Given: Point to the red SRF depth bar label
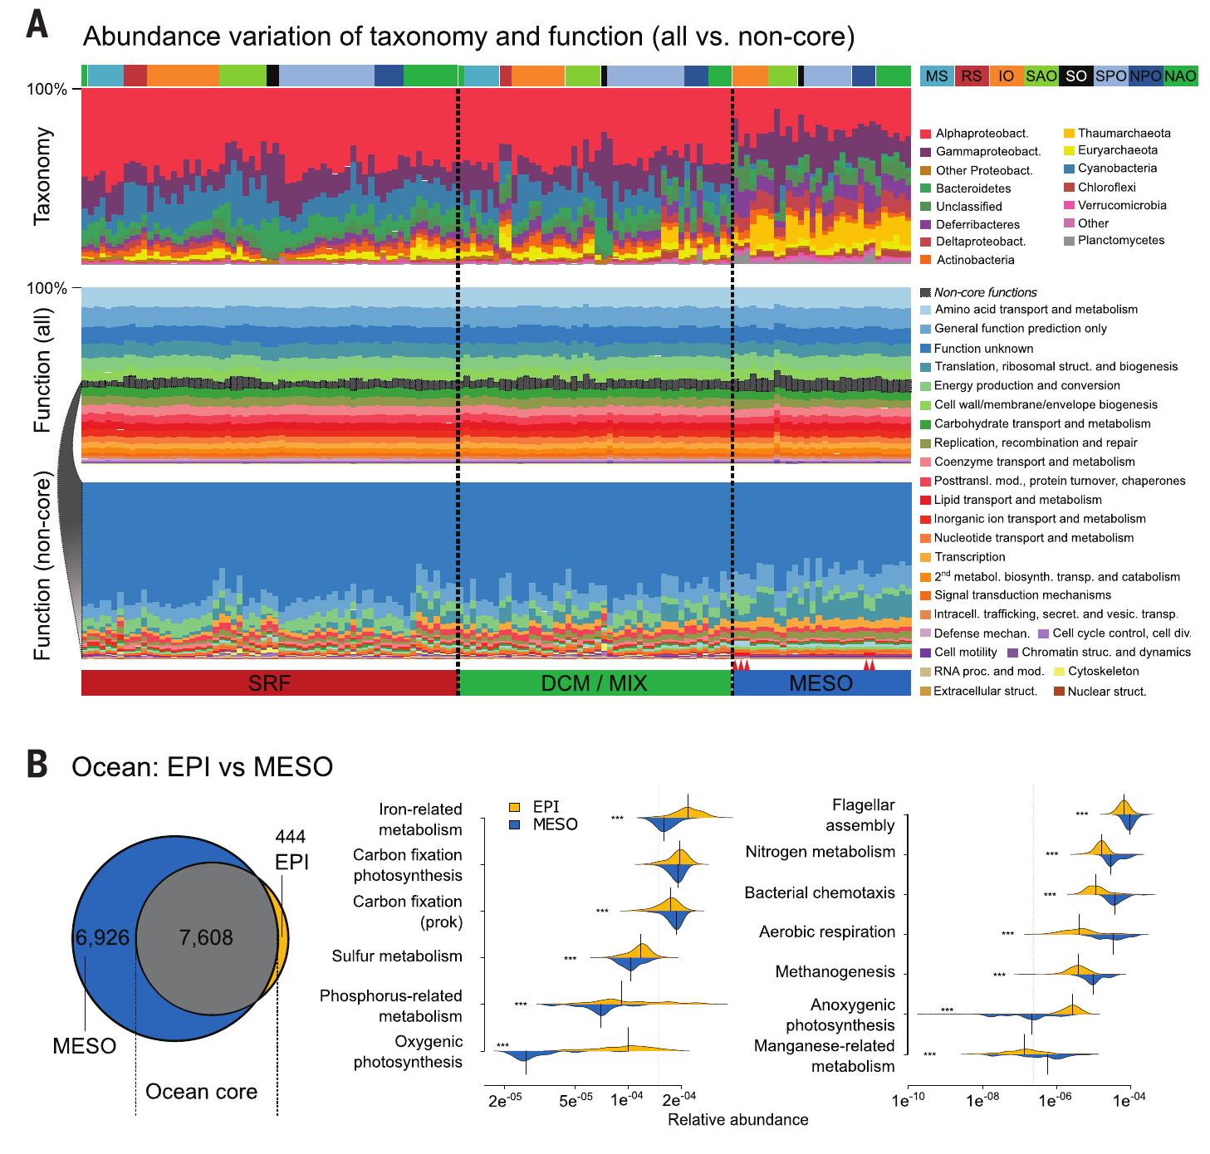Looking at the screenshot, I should point(269,683).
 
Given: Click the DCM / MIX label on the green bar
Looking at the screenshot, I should point(594,683).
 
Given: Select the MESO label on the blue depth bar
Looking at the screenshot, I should point(821,683).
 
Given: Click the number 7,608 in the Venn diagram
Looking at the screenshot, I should point(206,937).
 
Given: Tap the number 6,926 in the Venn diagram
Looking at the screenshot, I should point(102,937).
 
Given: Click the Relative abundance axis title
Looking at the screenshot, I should point(737,1119).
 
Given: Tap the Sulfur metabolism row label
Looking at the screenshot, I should point(397,956).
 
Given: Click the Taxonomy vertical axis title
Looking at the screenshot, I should point(43,176).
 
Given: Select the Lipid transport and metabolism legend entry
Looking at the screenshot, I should point(1017,500).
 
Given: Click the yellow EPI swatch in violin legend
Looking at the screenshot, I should point(515,807).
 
